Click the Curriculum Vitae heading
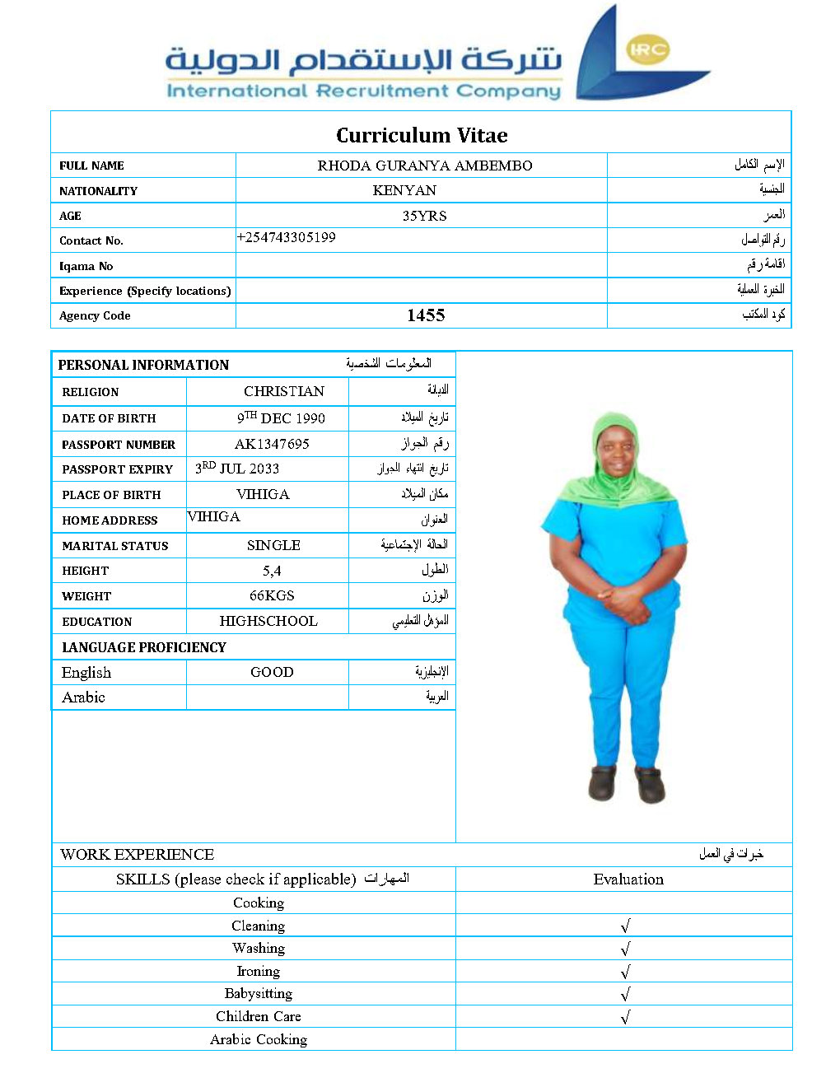point(422,135)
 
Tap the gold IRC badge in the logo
point(647,49)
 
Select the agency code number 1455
point(426,315)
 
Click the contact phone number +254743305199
point(287,237)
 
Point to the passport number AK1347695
point(272,444)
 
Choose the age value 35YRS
point(424,216)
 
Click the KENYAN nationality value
point(404,190)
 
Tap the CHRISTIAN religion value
point(284,391)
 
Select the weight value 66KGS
point(272,595)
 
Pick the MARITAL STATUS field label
point(115,546)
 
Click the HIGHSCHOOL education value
point(268,621)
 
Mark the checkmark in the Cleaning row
point(626,926)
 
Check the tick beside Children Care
point(626,1017)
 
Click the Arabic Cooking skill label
point(259,1039)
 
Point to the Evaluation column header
point(628,879)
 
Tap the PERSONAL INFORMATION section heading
point(143,365)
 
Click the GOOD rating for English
point(272,672)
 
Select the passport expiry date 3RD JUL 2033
point(237,469)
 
